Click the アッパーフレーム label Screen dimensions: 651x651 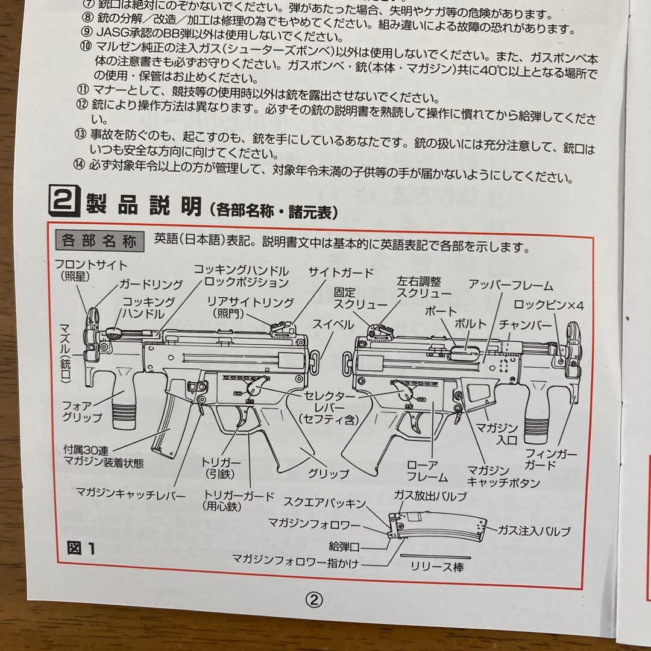[511, 286]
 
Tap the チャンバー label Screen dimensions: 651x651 [526, 325]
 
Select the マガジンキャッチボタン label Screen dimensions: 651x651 [503, 476]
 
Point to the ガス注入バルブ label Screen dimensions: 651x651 [533, 531]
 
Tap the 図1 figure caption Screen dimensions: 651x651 [81, 549]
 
